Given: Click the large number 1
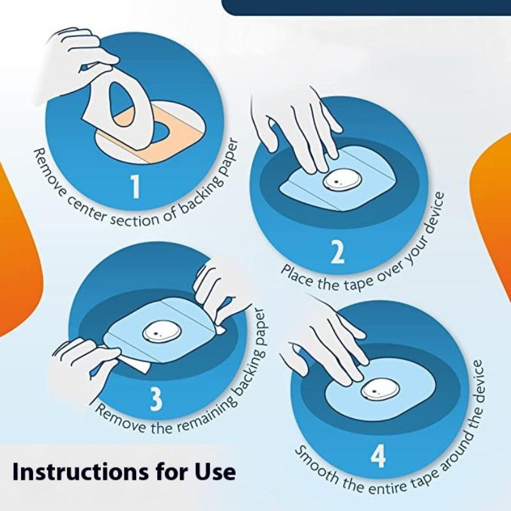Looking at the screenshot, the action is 135,187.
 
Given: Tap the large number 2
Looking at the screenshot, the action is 337,253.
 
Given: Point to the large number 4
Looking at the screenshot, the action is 378,457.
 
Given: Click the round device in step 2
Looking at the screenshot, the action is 339,182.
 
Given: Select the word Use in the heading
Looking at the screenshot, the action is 216,471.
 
